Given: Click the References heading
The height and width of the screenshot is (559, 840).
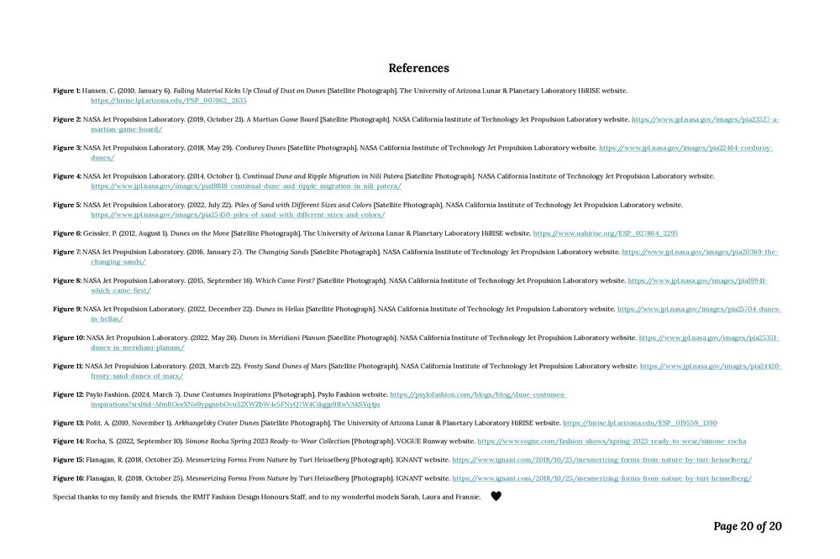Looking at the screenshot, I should point(418,68).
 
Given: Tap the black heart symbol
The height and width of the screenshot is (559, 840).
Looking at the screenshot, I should point(496,496).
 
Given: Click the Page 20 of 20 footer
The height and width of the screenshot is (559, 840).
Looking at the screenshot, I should point(747,526).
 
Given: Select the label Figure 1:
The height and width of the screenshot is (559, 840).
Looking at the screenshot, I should point(67,91).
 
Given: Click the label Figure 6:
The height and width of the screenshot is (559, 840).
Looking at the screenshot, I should point(67,233).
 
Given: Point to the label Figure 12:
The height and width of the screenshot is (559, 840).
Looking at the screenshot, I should point(69,394).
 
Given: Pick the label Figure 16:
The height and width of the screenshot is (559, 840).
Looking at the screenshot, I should point(69,478).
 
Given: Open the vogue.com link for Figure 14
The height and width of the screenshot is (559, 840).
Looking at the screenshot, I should point(611,441).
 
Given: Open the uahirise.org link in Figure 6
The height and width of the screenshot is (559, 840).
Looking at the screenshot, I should point(605,233).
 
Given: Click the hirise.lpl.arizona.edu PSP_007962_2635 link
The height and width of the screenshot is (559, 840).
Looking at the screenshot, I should point(169,101).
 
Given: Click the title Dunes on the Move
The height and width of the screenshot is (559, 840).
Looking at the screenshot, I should point(199,233).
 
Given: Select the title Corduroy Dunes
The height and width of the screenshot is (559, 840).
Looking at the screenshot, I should point(260,148).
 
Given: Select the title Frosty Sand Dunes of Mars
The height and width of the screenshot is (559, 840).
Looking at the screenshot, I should point(284,366).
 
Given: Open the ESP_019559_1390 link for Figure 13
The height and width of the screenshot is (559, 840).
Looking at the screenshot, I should point(639,423).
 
